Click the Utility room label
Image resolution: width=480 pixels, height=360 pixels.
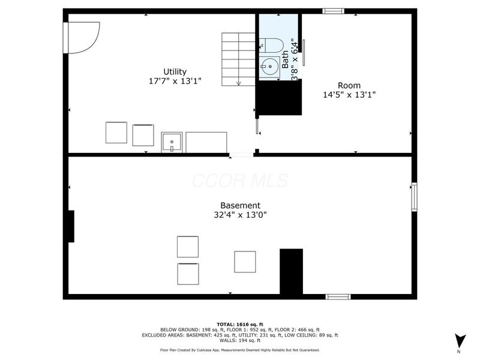pos(175,71)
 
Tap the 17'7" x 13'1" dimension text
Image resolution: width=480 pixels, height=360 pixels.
pos(175,80)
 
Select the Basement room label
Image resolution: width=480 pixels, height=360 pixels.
pos(240,205)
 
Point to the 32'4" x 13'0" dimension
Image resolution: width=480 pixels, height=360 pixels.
pos(240,214)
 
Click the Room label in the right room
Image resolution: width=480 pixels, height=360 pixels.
pos(349,85)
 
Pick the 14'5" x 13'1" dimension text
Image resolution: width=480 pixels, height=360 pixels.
pos(349,94)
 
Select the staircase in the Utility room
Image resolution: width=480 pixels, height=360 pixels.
pos(239,59)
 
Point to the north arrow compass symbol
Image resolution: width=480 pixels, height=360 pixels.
pos(460,340)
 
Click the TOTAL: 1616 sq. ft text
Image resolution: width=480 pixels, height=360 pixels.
pos(240,324)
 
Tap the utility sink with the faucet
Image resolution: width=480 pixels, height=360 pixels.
pos(172,143)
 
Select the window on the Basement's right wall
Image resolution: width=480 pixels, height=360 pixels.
pos(414,197)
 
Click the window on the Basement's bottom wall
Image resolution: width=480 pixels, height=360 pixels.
pos(338,296)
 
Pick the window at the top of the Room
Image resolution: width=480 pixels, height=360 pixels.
pos(333,11)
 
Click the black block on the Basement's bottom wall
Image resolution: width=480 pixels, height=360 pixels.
pos(291,271)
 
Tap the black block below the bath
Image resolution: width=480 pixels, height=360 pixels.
pos(279,97)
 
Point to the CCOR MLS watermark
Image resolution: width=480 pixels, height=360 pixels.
pos(240,181)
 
